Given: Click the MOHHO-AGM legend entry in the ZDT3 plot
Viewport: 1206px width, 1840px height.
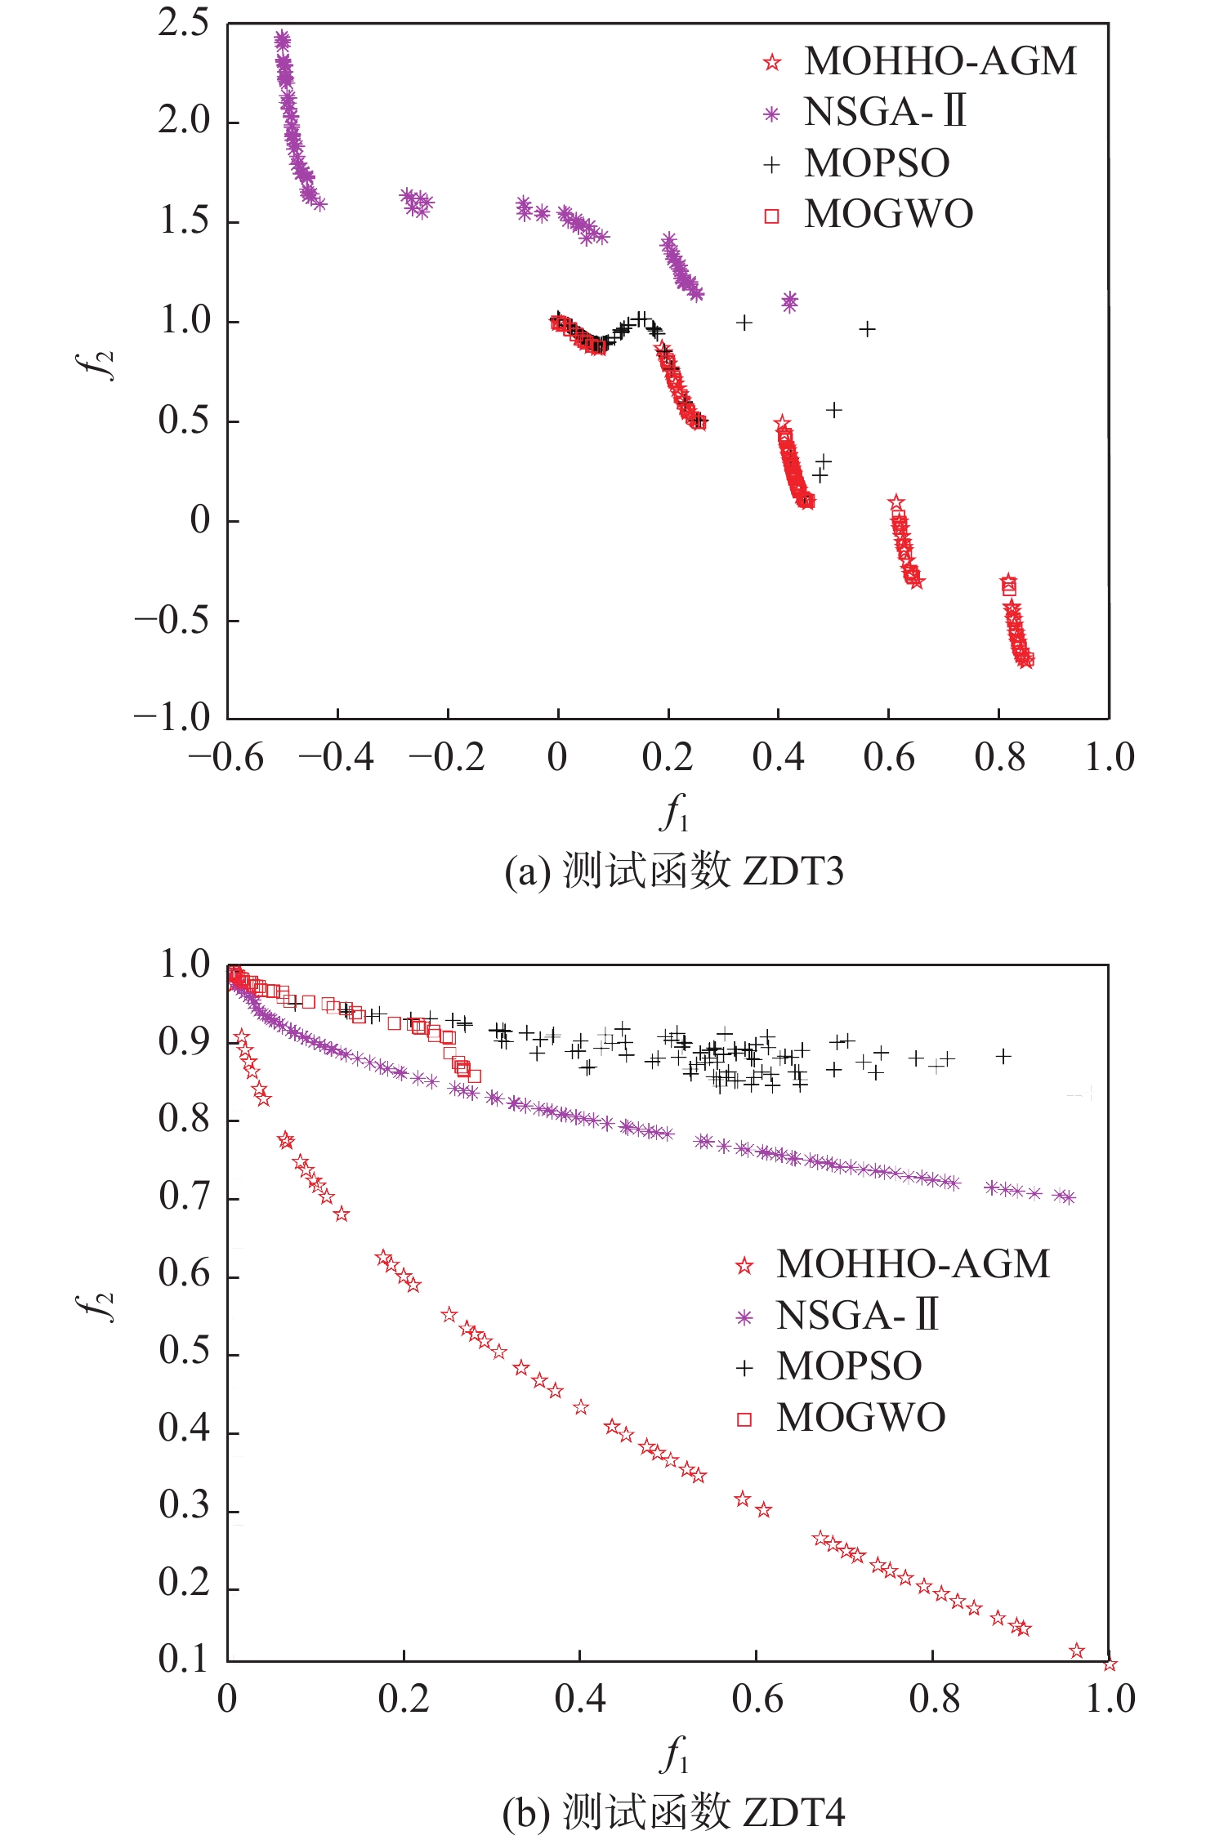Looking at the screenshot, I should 940,61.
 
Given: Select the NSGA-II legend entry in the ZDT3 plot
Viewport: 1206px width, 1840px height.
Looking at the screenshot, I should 885,112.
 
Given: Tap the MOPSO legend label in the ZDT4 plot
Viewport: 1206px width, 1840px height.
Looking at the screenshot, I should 849,1366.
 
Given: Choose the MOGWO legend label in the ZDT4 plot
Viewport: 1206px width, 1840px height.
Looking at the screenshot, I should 860,1418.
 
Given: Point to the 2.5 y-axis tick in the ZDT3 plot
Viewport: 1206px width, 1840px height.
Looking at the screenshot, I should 184,24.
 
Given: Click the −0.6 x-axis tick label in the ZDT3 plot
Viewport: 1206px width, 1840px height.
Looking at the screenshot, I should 226,758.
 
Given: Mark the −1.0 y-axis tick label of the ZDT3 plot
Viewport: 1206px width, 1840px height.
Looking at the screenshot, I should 172,718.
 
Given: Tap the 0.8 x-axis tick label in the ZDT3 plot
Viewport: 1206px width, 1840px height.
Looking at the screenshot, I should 999,758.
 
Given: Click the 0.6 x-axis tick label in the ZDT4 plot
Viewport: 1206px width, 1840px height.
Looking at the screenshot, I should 757,1699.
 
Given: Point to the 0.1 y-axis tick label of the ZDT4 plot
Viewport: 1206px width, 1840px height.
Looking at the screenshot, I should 184,1659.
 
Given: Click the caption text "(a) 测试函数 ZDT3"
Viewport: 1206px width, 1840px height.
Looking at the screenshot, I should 673,871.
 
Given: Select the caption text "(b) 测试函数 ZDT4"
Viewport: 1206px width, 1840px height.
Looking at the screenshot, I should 673,1812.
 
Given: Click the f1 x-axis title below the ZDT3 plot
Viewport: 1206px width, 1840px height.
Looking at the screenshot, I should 673,813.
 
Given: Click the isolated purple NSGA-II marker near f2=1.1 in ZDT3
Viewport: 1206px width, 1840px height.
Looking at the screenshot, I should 789,302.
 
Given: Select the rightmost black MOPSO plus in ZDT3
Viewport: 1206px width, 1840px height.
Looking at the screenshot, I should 867,329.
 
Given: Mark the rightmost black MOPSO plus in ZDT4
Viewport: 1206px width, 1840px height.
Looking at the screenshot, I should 1003,1056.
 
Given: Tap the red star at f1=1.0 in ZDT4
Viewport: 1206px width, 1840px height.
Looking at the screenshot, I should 1109,1664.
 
